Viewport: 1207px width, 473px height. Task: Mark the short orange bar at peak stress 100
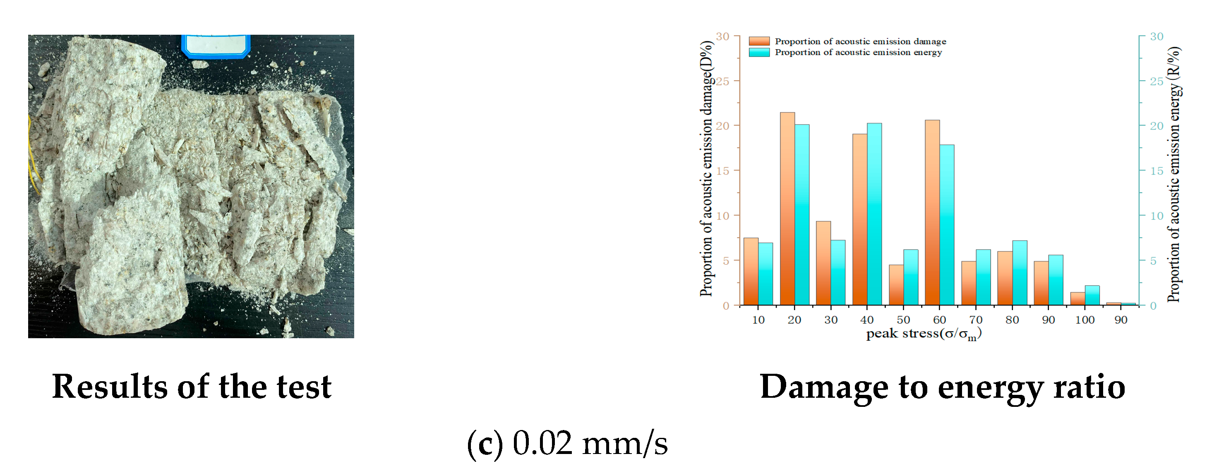tap(1077, 299)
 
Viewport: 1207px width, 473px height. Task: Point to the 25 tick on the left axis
tap(722, 81)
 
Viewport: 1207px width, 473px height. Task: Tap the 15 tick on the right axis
tap(1157, 171)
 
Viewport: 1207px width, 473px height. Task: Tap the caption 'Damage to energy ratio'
tap(942, 387)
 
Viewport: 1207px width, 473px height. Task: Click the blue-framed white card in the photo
tap(216, 45)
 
